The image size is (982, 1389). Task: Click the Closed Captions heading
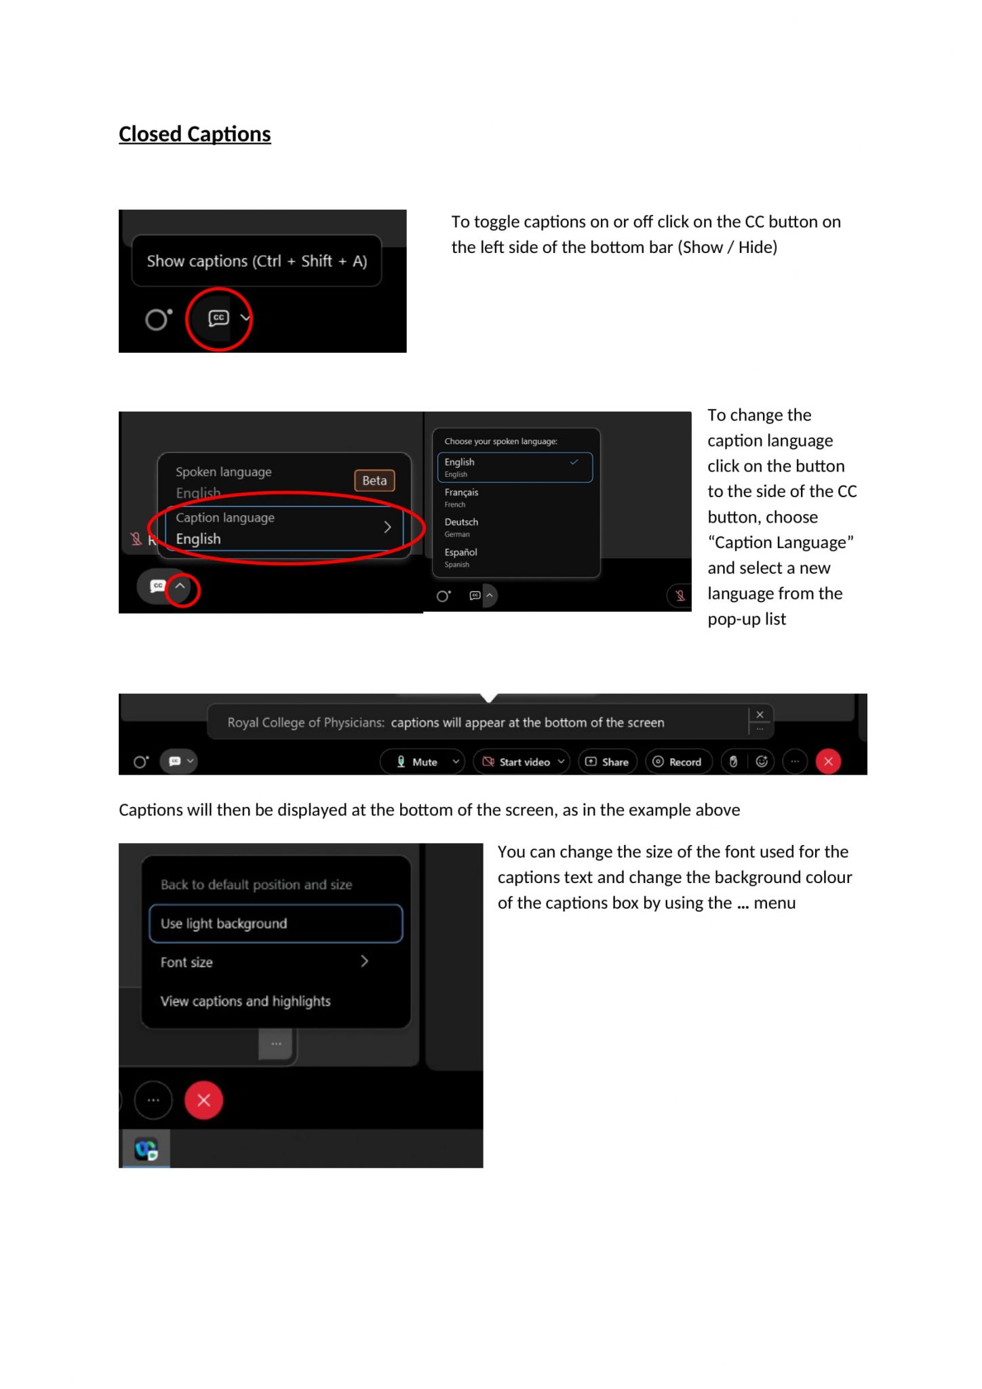tap(195, 134)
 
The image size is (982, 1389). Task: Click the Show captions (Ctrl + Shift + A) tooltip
tap(256, 261)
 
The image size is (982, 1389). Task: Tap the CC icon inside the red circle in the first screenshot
tap(218, 318)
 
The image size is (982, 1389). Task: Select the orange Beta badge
tap(374, 480)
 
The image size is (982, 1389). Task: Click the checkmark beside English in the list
tap(574, 462)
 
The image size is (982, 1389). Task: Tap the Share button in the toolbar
tap(608, 762)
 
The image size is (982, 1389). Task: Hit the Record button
tap(677, 762)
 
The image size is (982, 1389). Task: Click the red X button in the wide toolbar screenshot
tap(828, 762)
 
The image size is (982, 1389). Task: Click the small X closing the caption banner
tap(760, 714)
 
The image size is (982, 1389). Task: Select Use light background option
tap(275, 923)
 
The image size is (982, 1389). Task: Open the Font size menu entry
tap(264, 962)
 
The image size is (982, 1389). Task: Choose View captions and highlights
tap(245, 1001)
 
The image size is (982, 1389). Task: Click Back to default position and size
tap(256, 884)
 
